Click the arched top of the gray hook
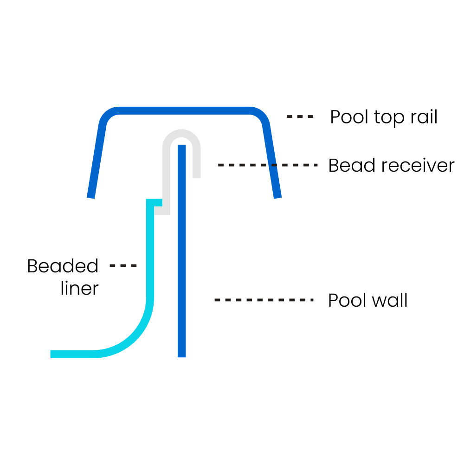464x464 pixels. [x=181, y=133]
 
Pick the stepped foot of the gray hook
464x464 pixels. [x=160, y=211]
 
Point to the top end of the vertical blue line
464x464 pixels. [x=182, y=147]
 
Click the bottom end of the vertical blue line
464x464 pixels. [x=182, y=355]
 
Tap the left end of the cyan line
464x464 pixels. [x=52, y=354]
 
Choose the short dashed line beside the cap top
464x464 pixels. [x=300, y=116]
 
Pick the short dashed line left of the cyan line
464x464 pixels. [x=123, y=266]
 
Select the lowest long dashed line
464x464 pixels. [x=264, y=300]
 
